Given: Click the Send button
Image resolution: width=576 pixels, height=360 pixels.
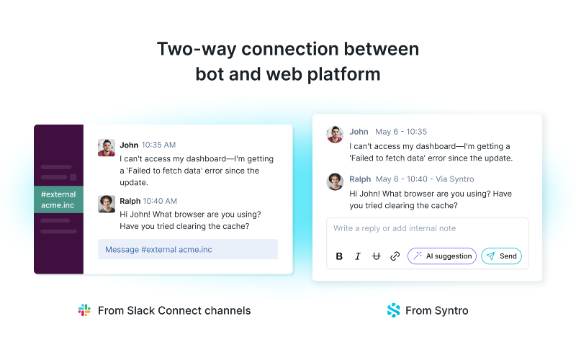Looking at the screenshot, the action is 501,256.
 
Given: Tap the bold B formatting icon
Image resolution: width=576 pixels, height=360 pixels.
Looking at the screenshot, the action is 339,256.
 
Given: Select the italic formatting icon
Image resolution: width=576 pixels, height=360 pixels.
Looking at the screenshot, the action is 358,256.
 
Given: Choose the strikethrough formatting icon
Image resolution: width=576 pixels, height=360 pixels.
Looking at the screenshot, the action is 376,256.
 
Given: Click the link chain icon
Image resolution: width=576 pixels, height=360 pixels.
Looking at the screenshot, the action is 395,256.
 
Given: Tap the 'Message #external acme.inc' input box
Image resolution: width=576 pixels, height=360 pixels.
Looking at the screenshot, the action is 188,249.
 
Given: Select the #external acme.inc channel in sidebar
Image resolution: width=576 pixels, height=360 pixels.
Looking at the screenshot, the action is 59,199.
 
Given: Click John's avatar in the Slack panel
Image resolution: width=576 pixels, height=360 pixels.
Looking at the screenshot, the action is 107,148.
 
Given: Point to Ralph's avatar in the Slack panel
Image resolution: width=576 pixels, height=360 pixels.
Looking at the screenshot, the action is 107,204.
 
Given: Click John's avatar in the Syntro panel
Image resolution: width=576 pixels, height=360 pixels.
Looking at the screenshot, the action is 335,135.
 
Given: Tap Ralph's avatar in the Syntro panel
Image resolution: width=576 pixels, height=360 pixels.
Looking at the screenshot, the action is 335,182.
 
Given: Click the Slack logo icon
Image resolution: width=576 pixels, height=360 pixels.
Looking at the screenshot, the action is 84,310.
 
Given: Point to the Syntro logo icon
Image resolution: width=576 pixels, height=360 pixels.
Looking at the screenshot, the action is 393,310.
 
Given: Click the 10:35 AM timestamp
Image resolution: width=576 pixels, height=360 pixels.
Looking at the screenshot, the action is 158,145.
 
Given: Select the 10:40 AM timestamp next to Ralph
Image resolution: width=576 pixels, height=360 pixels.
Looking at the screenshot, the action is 160,201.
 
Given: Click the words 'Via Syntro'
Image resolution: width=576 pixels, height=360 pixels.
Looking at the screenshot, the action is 455,179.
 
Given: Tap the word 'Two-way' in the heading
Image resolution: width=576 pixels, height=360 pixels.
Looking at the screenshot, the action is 196,49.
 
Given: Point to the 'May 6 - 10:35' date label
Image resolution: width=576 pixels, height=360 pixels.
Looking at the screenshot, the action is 401,132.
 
